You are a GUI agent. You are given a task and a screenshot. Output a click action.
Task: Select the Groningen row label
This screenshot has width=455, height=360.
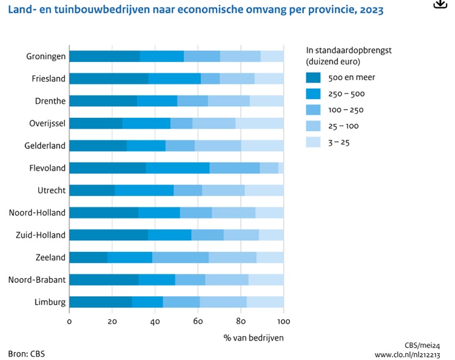click(x=46, y=56)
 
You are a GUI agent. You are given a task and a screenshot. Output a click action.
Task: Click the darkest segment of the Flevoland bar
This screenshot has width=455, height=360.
click(x=107, y=168)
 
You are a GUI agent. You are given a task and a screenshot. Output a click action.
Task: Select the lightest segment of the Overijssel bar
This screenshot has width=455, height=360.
click(x=259, y=123)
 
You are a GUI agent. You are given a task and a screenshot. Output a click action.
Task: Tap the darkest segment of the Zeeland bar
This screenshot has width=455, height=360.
click(x=89, y=257)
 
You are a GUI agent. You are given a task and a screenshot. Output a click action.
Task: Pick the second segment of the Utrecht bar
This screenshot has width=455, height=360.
click(x=144, y=191)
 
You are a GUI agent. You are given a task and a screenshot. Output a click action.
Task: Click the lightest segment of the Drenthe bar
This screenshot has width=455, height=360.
click(x=266, y=101)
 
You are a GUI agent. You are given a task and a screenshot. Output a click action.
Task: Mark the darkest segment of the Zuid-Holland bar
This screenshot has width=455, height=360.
click(x=109, y=235)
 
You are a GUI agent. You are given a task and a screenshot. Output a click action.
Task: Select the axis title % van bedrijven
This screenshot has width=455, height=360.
click(x=253, y=337)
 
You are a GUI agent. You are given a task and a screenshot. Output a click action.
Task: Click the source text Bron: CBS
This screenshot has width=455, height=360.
click(x=26, y=353)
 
